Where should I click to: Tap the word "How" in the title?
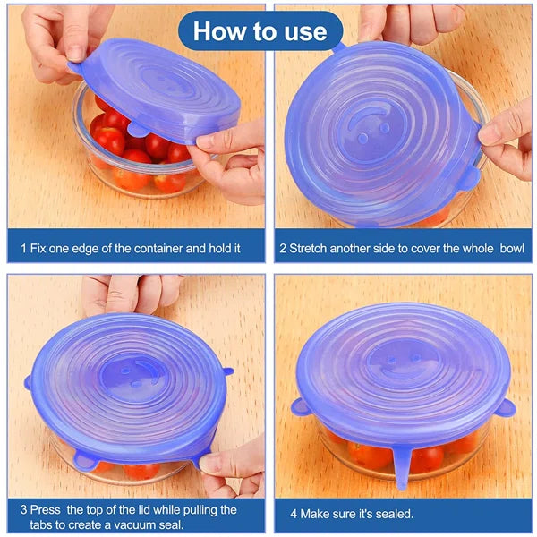pos(219,31)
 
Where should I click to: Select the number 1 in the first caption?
pos(22,246)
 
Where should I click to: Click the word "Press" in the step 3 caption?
pos(49,509)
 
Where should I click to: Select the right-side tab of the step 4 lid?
pos(506,408)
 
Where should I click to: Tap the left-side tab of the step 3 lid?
pos(29,381)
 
